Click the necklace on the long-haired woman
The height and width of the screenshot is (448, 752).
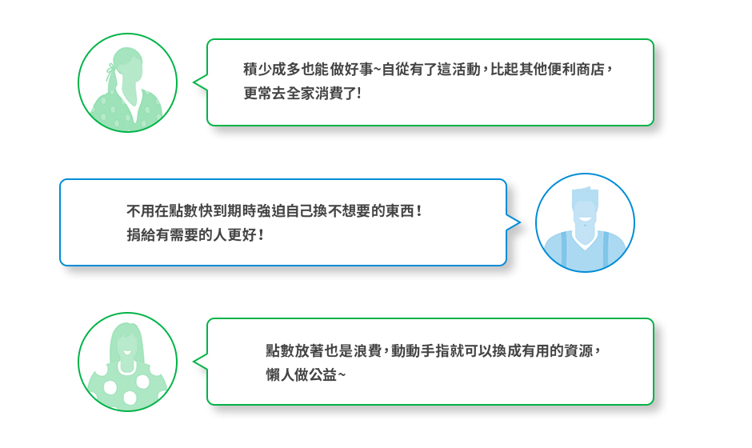coord(126,367)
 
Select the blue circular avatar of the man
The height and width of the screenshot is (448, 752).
coord(585,223)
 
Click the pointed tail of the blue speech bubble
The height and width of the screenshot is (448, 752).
coord(514,221)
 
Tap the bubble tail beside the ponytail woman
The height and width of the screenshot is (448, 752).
coord(200,82)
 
